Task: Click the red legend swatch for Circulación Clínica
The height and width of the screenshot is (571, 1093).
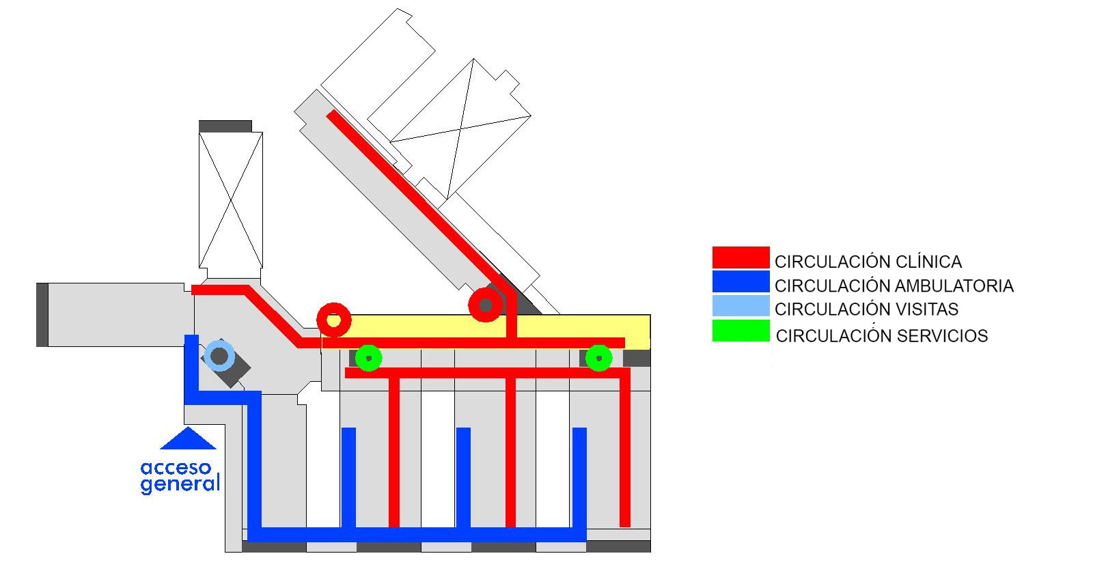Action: coord(741,257)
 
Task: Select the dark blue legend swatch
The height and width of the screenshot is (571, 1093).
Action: coord(741,282)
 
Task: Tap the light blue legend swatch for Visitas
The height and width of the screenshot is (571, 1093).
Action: coord(741,305)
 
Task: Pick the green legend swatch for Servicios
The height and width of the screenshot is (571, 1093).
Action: coord(741,331)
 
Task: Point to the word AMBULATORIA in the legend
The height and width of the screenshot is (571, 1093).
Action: coord(954,285)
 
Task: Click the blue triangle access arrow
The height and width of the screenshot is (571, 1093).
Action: coord(189,440)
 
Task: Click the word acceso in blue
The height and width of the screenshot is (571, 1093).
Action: coord(176,469)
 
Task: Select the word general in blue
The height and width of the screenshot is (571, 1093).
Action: coord(180,484)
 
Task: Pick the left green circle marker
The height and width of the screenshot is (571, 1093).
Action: coord(369,357)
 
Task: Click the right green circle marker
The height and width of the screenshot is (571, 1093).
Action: coord(599,357)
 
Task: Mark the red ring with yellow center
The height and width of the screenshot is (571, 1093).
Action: coord(334,320)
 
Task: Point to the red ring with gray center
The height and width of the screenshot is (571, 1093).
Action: coord(486,305)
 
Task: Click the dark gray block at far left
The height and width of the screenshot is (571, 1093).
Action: coord(42,314)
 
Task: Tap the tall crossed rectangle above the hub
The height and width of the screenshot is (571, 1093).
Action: coord(230,199)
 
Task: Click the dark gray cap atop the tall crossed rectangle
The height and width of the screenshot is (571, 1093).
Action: coord(225,126)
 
